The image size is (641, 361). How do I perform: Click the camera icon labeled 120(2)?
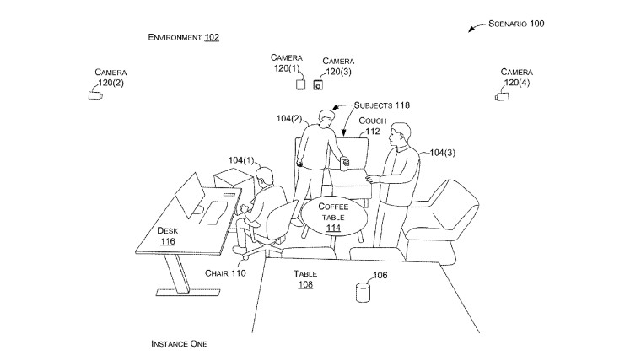click(x=95, y=95)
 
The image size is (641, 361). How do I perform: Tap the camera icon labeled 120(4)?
click(x=502, y=96)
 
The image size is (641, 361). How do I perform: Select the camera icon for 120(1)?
click(x=300, y=84)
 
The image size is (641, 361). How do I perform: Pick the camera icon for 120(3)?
click(x=318, y=84)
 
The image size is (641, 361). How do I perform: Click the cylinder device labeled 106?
click(x=363, y=293)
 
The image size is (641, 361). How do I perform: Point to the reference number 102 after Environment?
click(x=212, y=37)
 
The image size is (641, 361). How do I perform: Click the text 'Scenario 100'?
click(x=516, y=24)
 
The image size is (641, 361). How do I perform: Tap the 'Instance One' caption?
click(x=179, y=344)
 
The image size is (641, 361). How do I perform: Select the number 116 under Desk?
click(x=168, y=241)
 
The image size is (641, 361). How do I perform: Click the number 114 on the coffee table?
click(x=334, y=228)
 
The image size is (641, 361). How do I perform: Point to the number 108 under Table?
click(x=305, y=284)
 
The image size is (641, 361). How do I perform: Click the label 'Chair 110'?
click(x=225, y=273)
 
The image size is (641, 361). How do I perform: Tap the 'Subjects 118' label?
click(x=382, y=105)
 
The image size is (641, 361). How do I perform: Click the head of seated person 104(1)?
click(x=264, y=177)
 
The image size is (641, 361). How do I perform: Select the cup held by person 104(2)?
click(x=345, y=163)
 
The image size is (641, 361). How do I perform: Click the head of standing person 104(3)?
click(x=400, y=134)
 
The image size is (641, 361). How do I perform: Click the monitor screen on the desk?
click(x=190, y=194)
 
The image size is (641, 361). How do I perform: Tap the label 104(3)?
click(x=442, y=153)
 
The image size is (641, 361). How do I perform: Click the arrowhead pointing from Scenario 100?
click(x=471, y=30)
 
